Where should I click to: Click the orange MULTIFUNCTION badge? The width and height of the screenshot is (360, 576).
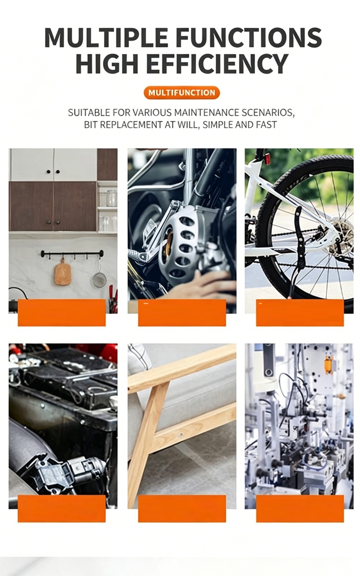[182, 93]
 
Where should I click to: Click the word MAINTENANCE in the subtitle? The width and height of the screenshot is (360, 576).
[207, 112]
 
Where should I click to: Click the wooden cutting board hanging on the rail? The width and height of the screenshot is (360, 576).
[63, 272]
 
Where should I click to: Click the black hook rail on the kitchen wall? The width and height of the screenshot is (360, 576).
[72, 254]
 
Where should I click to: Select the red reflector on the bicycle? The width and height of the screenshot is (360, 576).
[268, 159]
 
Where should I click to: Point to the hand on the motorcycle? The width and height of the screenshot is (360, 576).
[203, 286]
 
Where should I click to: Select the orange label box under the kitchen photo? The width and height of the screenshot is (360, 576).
[62, 313]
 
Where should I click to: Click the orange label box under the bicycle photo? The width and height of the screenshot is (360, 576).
[300, 313]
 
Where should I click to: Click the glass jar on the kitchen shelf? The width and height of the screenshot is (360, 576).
[112, 198]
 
